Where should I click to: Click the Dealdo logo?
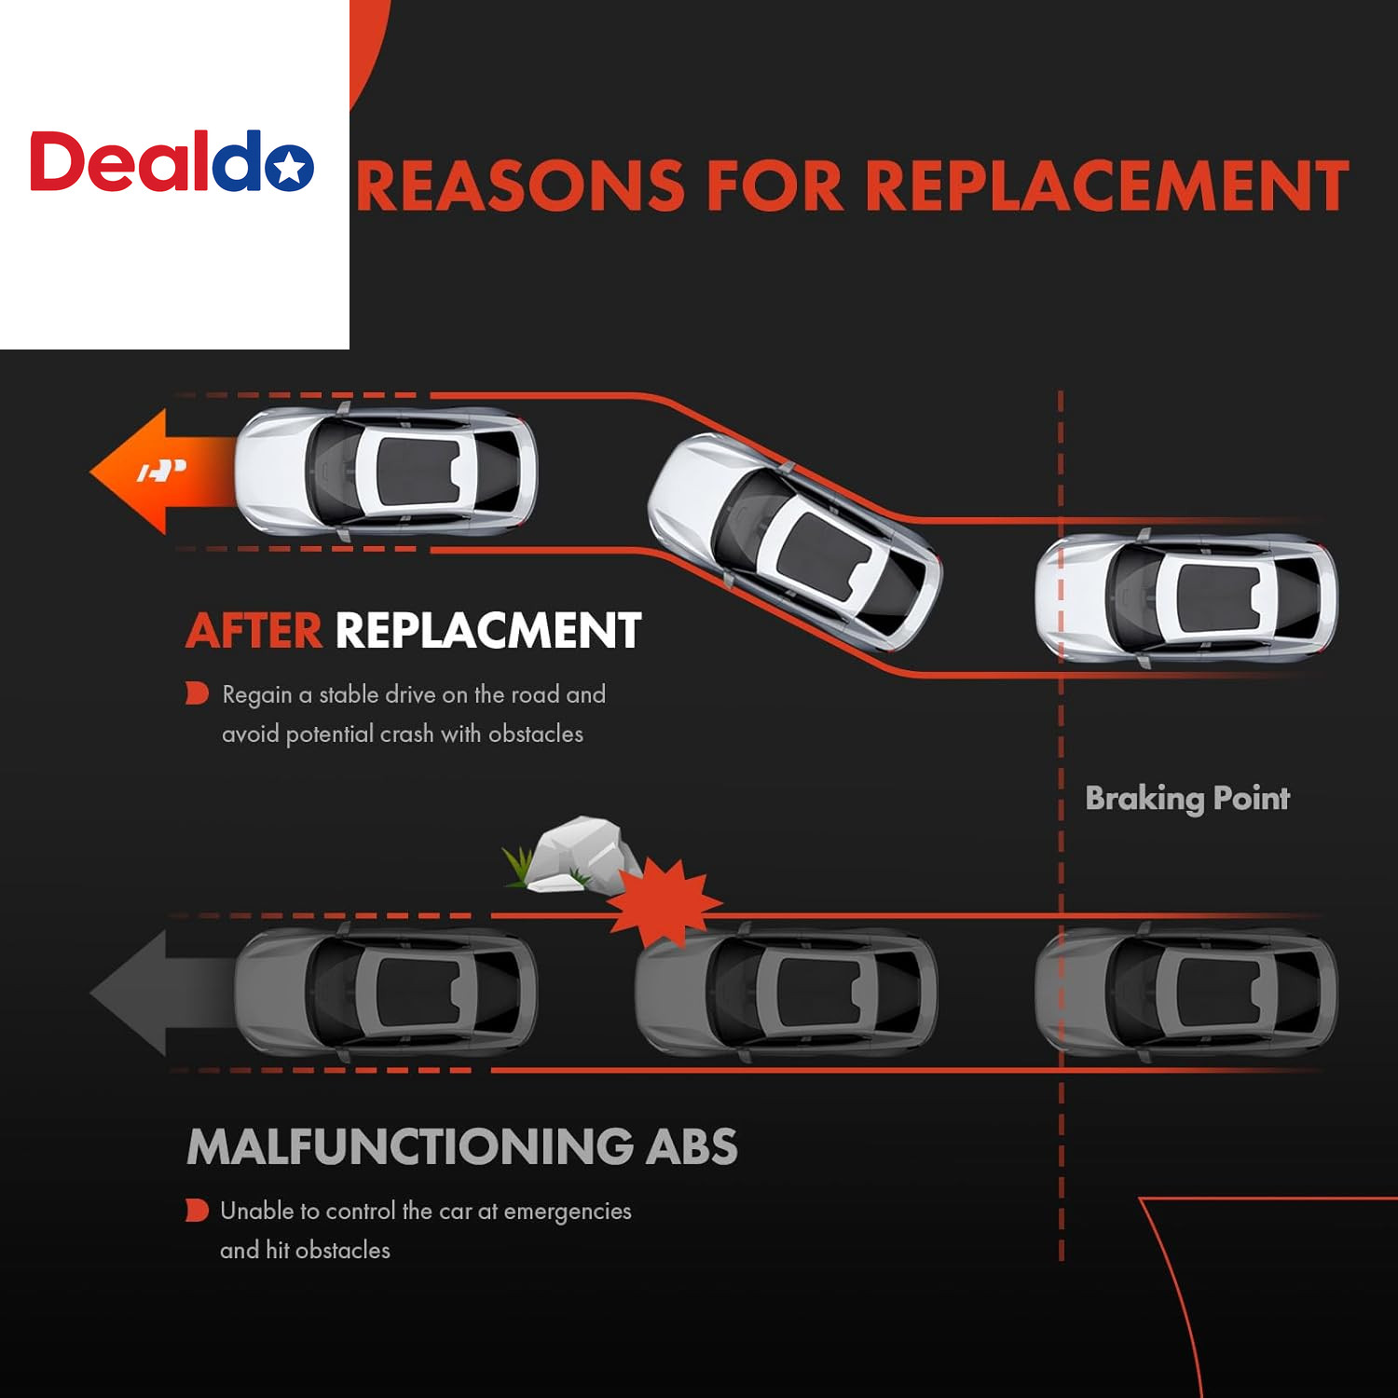click(172, 161)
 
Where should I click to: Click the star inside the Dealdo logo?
click(290, 168)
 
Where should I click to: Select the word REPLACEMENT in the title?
click(1107, 185)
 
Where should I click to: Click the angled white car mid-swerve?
click(795, 541)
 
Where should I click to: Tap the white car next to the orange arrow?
click(386, 472)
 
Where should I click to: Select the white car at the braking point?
click(1186, 597)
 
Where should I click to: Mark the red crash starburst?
click(665, 902)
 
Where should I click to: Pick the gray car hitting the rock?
click(786, 992)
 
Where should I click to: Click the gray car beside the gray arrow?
click(386, 992)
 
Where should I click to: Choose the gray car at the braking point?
click(1186, 992)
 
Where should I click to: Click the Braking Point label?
click(1187, 799)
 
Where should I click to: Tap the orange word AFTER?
click(254, 631)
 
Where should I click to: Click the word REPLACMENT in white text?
click(488, 631)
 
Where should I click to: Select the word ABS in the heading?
click(692, 1146)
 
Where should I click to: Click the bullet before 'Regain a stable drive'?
click(197, 693)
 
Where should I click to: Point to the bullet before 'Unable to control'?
click(197, 1210)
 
